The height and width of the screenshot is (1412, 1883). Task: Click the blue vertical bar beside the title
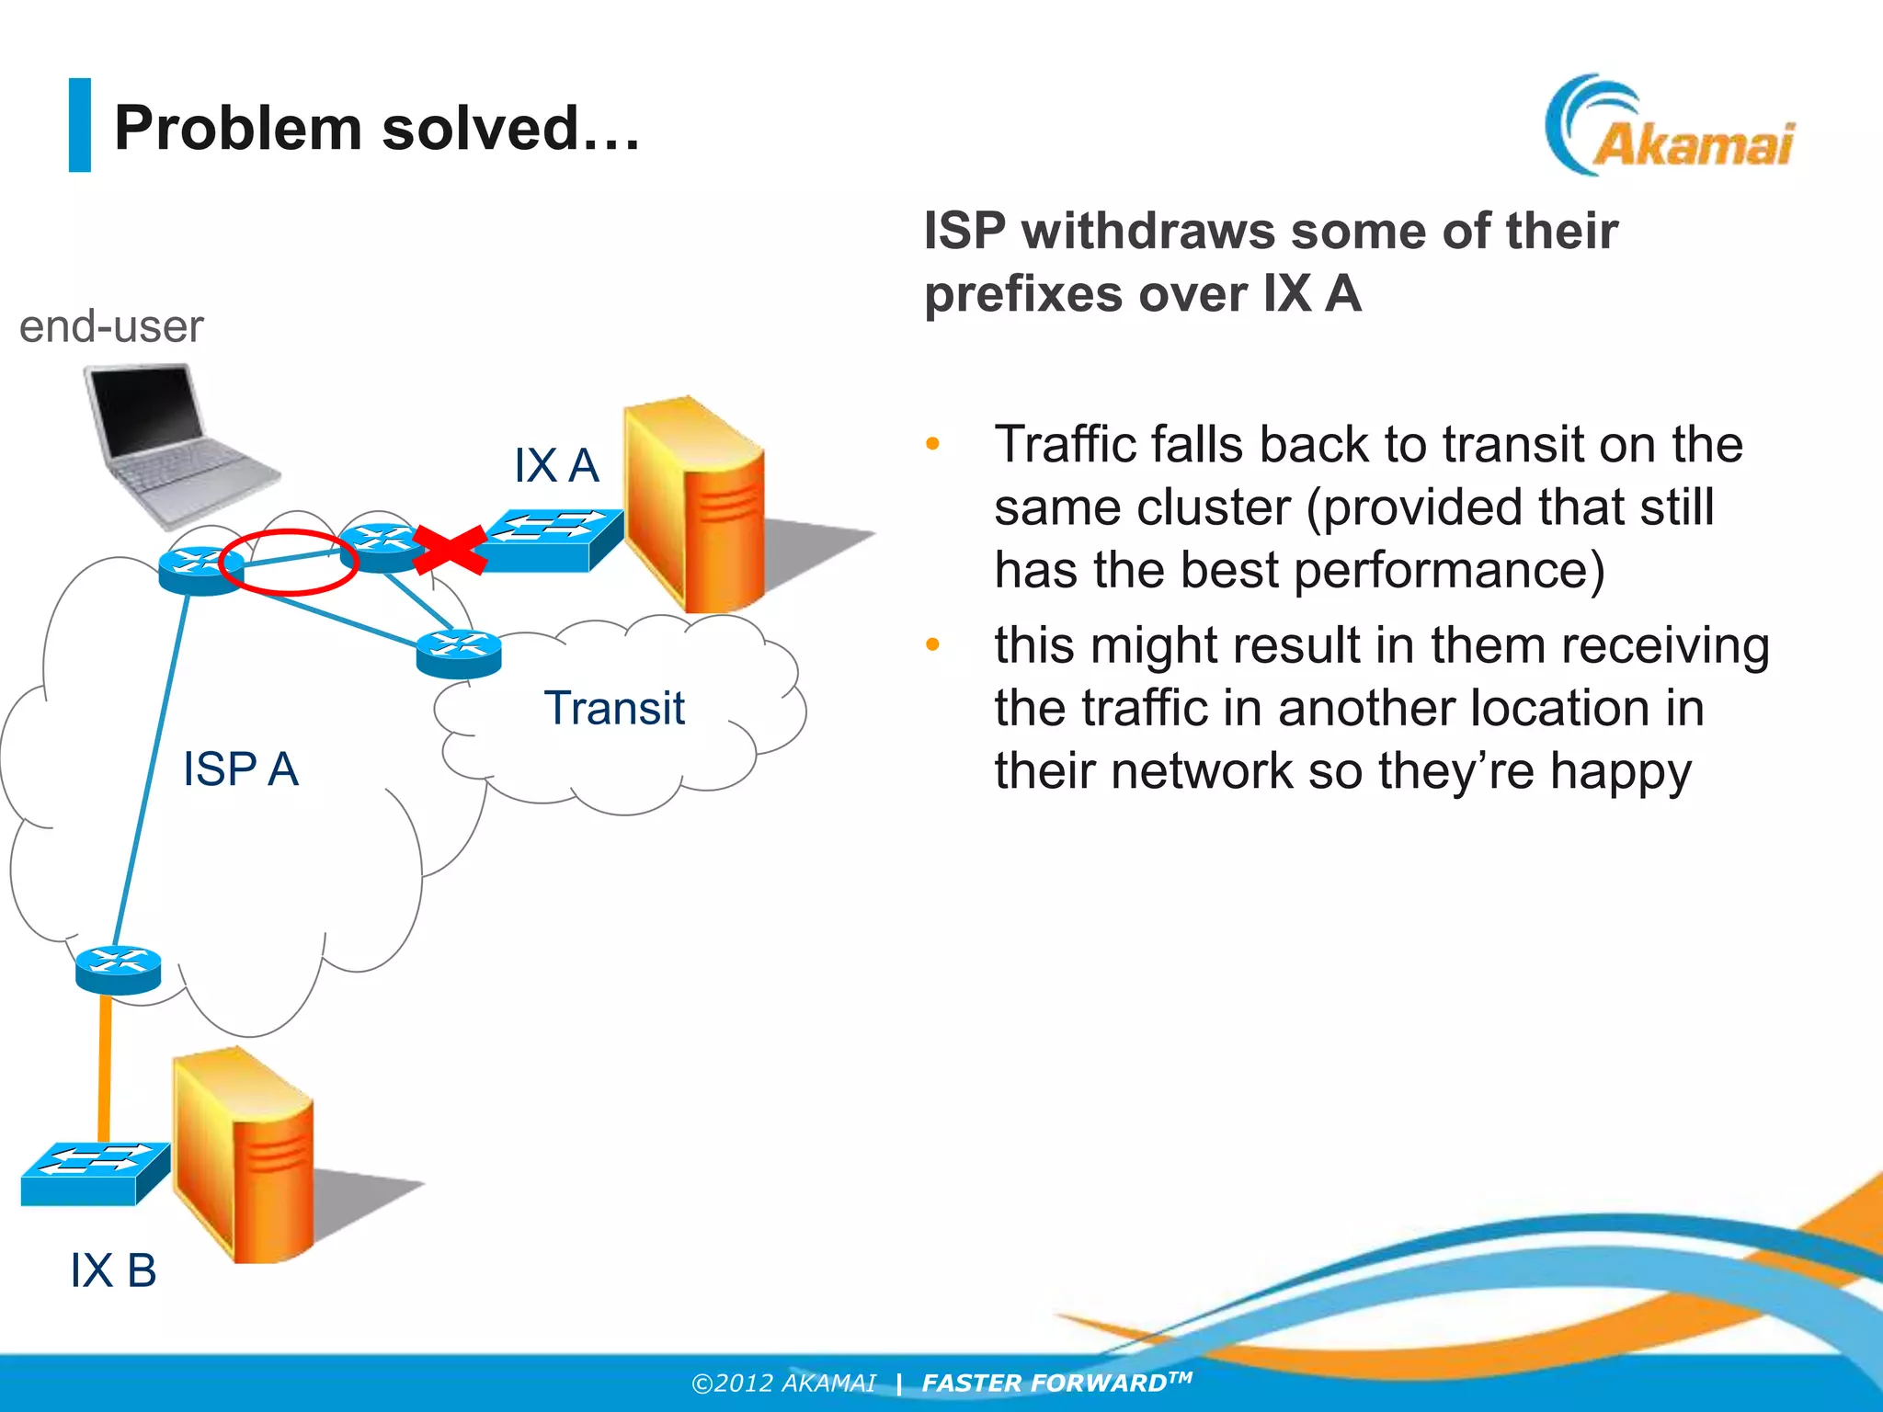point(80,125)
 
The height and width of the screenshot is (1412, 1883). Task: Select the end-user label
point(111,326)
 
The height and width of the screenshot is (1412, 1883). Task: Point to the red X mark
point(450,550)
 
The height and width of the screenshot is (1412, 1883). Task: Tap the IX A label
point(555,465)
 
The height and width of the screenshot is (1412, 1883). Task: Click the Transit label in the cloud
point(614,708)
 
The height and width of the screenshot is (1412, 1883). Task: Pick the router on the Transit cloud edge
point(459,653)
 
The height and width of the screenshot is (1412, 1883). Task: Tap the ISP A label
point(240,769)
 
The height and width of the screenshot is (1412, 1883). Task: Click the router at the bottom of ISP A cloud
point(118,969)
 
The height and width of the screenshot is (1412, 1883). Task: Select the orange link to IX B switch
point(105,1066)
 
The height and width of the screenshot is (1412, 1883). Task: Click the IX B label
point(113,1270)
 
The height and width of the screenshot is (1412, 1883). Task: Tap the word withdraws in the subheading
point(1149,230)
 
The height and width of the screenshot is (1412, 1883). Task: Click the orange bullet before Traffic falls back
point(932,444)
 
